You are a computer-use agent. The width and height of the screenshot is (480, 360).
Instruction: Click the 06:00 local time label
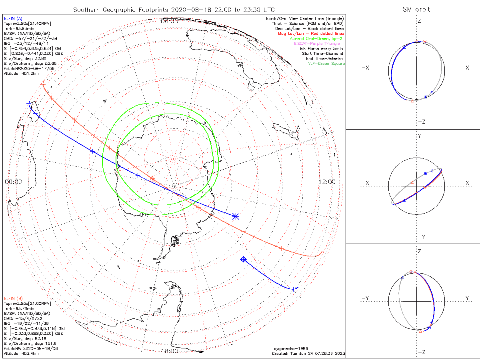169,21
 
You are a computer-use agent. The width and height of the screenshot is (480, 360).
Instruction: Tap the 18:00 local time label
169,351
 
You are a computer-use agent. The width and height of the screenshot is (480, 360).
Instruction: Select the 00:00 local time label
14,182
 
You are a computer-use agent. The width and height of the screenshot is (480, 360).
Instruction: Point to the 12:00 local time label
327,182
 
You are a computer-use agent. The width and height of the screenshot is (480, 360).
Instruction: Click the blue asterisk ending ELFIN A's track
236,216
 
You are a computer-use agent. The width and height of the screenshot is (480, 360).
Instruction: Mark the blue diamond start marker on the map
243,260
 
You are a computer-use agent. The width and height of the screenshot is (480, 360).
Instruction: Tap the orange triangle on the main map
152,178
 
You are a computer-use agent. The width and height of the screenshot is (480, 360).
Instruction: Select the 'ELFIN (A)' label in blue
13,18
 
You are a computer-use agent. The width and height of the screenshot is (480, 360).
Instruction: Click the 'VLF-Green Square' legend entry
326,64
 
